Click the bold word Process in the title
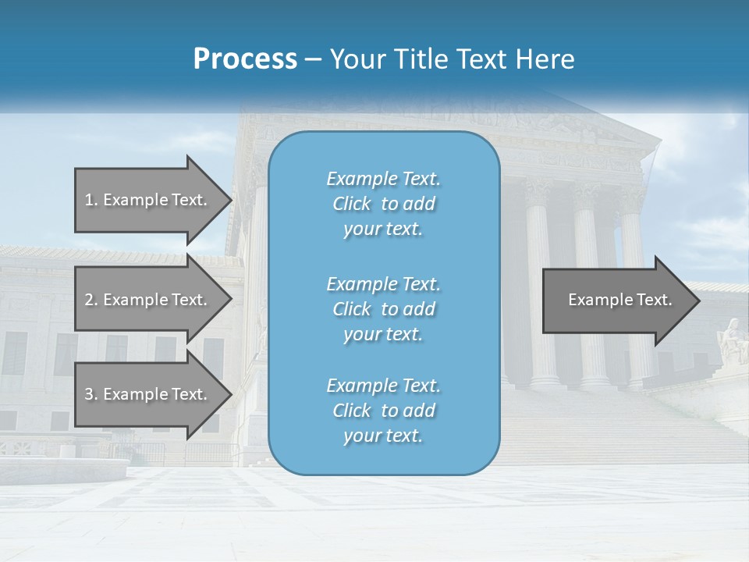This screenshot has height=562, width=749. pyautogui.click(x=245, y=59)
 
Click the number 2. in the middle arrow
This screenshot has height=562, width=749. pyautogui.click(x=91, y=300)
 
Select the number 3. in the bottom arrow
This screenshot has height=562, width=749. pyautogui.click(x=91, y=394)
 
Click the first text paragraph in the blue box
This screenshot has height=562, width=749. pyautogui.click(x=383, y=204)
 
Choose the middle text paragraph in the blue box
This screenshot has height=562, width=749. pyautogui.click(x=383, y=308)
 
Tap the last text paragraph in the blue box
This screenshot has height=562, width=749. pyautogui.click(x=383, y=411)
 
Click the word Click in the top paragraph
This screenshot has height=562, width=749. pyautogui.click(x=352, y=204)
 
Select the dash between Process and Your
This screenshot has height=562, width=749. pyautogui.click(x=313, y=59)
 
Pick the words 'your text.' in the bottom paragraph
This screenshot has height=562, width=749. pyautogui.click(x=383, y=436)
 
